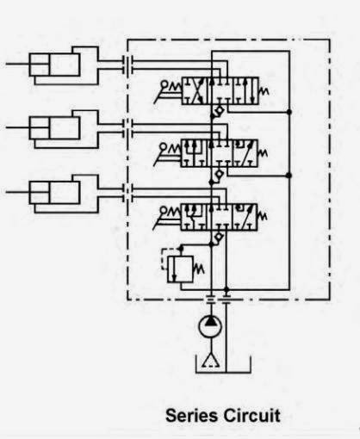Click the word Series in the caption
pyautogui.click(x=192, y=415)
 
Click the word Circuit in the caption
pyautogui.click(x=252, y=415)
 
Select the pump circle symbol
pyautogui.click(x=211, y=326)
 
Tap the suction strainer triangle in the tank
pyautogui.click(x=211, y=361)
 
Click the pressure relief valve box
pyautogui.click(x=180, y=269)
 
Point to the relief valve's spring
pyautogui.click(x=199, y=269)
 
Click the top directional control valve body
pyautogui.click(x=220, y=90)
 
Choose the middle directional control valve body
pyautogui.click(x=220, y=153)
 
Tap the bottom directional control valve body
pyautogui.click(x=219, y=217)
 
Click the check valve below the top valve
pyautogui.click(x=219, y=110)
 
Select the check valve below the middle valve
pyautogui.click(x=219, y=174)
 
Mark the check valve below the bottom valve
pyautogui.click(x=219, y=237)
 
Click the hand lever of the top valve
pyautogui.click(x=165, y=91)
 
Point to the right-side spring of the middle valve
pyautogui.click(x=264, y=153)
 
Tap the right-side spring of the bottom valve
pyautogui.click(x=263, y=216)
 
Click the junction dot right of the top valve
pyautogui.click(x=289, y=112)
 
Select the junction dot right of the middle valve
pyautogui.click(x=289, y=176)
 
